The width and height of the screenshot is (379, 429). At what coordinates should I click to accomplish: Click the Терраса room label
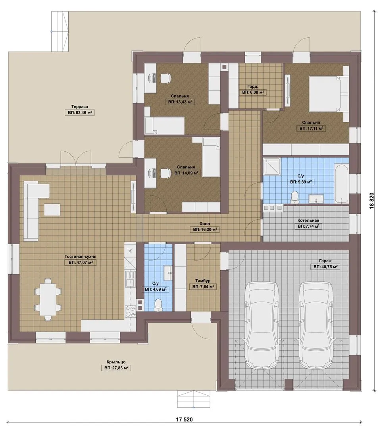[x=79, y=107]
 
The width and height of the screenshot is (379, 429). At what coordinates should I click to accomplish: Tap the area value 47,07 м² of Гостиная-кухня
[x=81, y=263]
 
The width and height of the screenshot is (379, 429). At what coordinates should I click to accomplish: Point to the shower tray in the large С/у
[x=272, y=166]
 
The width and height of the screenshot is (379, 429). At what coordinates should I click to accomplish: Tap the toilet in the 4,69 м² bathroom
[x=158, y=305]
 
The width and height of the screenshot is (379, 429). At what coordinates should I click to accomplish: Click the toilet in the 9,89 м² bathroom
[x=294, y=197]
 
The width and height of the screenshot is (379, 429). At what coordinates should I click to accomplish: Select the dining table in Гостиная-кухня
[x=48, y=300]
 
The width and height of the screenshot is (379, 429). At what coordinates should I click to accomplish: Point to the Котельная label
[x=308, y=220]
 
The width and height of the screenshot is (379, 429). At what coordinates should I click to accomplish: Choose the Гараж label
[x=325, y=261]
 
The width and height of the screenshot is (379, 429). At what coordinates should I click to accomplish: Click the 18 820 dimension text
[x=372, y=201]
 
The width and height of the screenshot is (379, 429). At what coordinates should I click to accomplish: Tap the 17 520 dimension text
[x=184, y=419]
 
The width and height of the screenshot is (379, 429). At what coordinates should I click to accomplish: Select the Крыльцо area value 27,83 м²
[x=116, y=368]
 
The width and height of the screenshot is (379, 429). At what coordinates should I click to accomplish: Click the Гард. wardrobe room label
[x=253, y=87]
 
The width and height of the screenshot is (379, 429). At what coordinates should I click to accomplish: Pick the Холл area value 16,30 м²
[x=205, y=230]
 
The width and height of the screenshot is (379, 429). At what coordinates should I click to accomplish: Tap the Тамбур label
[x=203, y=281]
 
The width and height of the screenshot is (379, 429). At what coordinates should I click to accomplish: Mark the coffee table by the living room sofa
[x=52, y=210]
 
